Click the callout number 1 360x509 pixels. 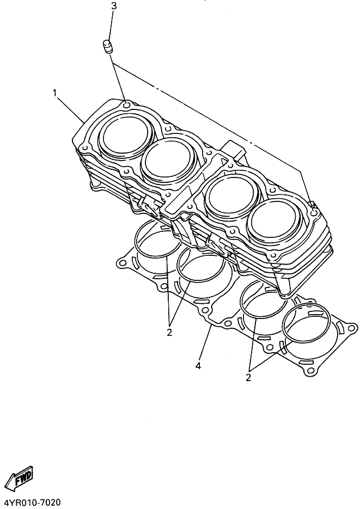click(55, 93)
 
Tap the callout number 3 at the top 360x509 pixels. click(114, 6)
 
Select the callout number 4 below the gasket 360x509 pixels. click(198, 366)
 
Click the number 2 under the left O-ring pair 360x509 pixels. click(169, 333)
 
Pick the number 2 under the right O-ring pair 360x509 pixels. click(248, 377)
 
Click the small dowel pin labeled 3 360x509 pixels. click(108, 46)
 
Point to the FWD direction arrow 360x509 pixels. click(20, 478)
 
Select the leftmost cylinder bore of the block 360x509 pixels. click(126, 136)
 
